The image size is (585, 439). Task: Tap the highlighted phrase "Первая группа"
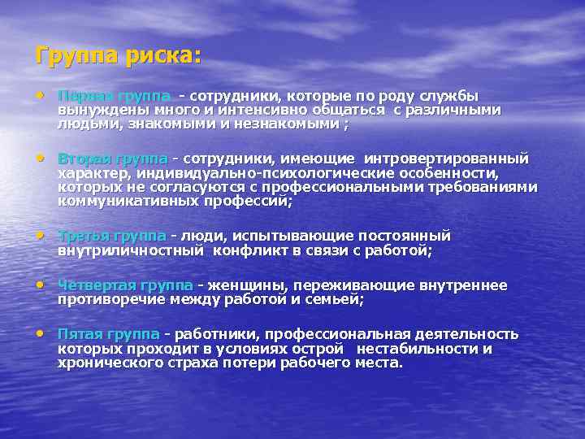pyautogui.click(x=114, y=95)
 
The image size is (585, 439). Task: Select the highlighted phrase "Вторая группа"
pyautogui.click(x=112, y=158)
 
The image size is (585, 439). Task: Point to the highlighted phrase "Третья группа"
pyautogui.click(x=112, y=236)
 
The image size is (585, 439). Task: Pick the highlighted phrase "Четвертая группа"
pyautogui.click(x=125, y=285)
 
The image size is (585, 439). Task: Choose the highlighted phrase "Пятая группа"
pyautogui.click(x=109, y=334)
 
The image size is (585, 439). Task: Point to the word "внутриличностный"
pyautogui.click(x=130, y=250)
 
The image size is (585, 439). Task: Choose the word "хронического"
pyautogui.click(x=104, y=363)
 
